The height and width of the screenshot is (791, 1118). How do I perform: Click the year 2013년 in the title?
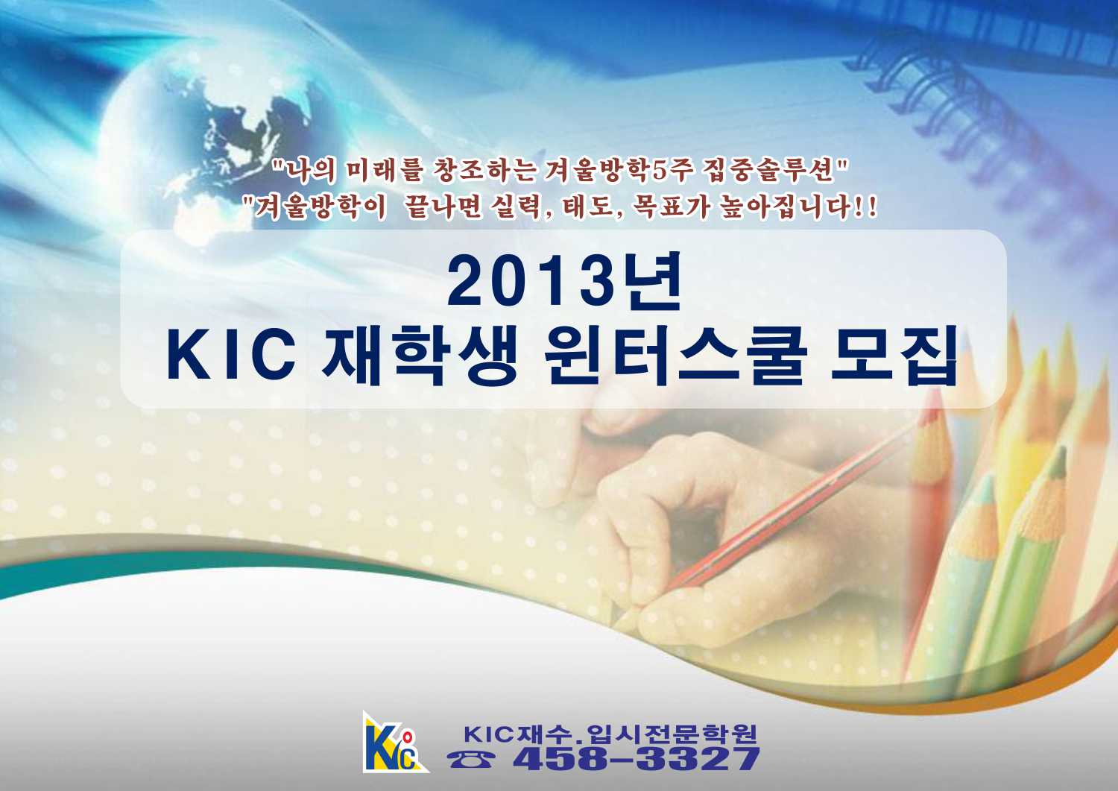pyautogui.click(x=564, y=280)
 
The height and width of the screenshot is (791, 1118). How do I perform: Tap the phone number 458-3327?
pyautogui.click(x=636, y=760)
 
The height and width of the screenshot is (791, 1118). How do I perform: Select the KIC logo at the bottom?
pyautogui.click(x=394, y=742)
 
